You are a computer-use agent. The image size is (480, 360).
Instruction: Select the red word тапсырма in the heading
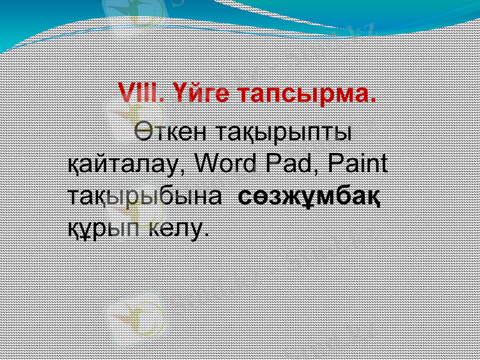coord(304,95)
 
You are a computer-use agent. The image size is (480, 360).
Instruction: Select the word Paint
coord(358,163)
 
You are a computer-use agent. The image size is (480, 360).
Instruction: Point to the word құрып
coord(103,228)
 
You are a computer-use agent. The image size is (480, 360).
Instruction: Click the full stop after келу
coord(208,235)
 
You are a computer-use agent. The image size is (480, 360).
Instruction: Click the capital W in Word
coord(208,163)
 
